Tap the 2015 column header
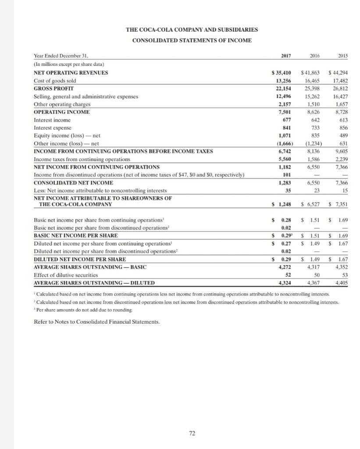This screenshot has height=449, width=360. coord(342,56)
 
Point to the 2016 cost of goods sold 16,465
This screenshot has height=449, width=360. coord(313,80)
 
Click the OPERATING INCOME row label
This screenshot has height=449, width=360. coord(62,112)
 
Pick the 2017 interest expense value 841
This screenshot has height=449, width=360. coord(289,128)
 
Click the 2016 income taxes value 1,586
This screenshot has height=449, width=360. coord(314,159)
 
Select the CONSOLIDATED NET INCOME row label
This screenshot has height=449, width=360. coord(73,182)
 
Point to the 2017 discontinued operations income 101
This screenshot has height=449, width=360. coord(289,175)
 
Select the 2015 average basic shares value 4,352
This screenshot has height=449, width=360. coord(341,267)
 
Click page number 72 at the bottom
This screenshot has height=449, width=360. coord(192,433)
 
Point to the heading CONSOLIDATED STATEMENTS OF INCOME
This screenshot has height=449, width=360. coord(192,40)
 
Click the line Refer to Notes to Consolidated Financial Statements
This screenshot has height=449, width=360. coord(97,321)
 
